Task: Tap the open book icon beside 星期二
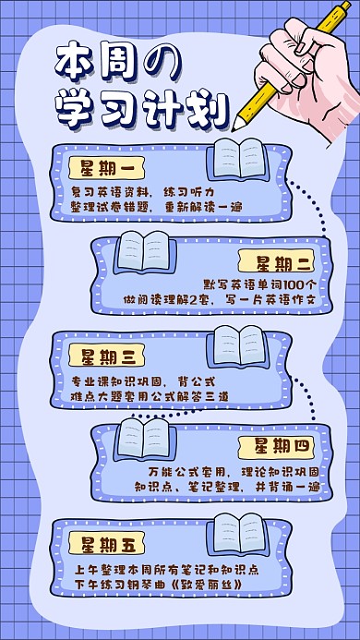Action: tap(145, 250)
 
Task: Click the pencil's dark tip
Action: tap(239, 121)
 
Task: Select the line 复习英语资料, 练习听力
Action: tap(136, 190)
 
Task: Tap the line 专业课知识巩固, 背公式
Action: tap(142, 380)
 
